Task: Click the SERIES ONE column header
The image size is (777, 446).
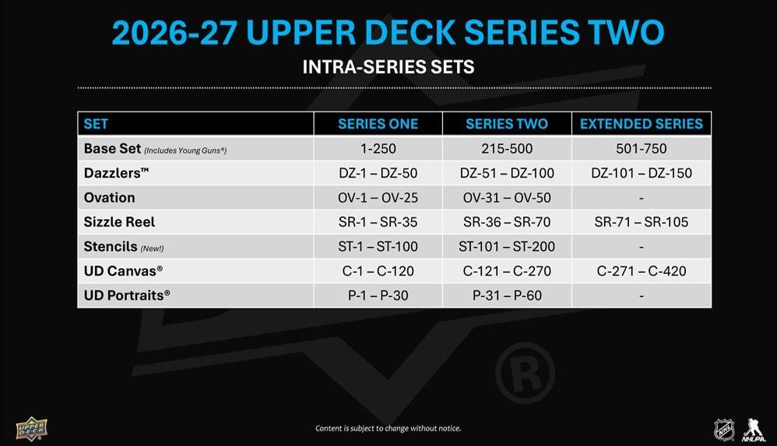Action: tap(378, 124)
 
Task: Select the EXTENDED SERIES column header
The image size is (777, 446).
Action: tap(642, 124)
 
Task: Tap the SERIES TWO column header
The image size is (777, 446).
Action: tap(506, 124)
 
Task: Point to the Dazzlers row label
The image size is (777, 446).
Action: tap(117, 172)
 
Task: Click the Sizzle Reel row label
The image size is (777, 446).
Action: tap(119, 221)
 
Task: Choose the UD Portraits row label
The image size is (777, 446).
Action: tap(127, 296)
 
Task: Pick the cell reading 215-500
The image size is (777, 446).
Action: tap(507, 148)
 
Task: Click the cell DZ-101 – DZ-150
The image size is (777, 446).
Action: tap(642, 173)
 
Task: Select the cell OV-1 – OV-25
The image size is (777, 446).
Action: tap(378, 197)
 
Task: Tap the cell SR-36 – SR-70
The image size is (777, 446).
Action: tap(507, 221)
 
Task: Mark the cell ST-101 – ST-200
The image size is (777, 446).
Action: tap(507, 246)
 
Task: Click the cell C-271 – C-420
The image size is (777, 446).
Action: tap(642, 271)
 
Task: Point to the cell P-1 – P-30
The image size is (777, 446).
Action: tap(378, 296)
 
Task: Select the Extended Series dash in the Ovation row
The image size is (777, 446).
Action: tap(642, 199)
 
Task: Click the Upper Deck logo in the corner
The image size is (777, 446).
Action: tap(31, 429)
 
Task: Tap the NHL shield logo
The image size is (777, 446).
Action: tap(724, 430)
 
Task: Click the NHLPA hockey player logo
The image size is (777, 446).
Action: tap(754, 430)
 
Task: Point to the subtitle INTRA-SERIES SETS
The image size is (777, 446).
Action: tap(388, 67)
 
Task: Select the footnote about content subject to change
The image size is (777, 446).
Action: tap(388, 428)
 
